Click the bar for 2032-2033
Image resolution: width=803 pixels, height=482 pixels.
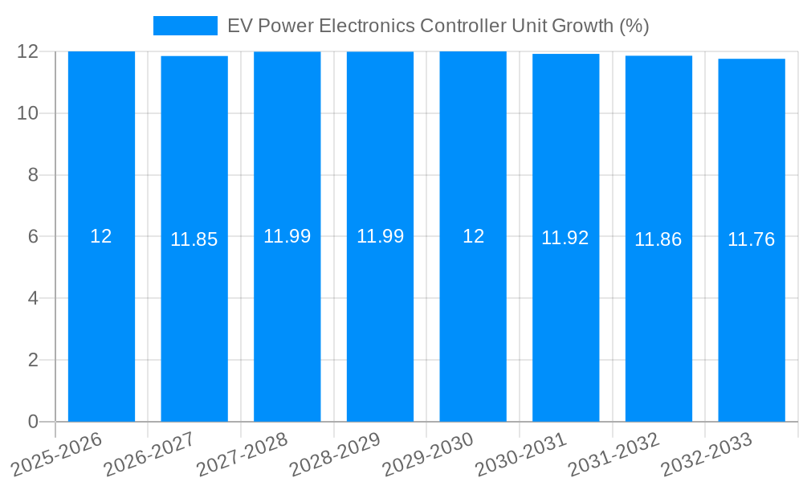752,321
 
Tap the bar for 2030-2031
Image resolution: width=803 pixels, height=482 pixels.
565,321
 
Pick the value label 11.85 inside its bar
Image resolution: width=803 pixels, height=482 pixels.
194,239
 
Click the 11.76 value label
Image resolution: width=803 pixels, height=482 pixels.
751,239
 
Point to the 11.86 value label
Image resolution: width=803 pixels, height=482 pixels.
658,239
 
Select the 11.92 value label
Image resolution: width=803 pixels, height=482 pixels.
565,238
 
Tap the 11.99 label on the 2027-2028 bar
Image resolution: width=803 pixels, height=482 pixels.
287,236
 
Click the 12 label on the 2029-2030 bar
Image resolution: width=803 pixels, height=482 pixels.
473,236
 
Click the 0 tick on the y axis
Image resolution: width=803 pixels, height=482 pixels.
33,422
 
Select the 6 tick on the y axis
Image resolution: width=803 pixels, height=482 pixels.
33,237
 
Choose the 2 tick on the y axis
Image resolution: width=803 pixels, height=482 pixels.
33,360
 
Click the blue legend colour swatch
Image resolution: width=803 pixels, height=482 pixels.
185,26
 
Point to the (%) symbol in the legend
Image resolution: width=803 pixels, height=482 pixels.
634,26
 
